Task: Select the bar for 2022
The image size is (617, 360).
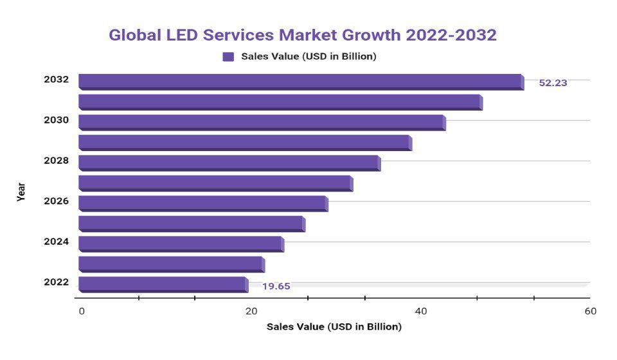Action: (163, 284)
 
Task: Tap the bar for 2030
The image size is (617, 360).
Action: (262, 122)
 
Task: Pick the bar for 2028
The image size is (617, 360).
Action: (229, 163)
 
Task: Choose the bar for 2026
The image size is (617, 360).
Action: (202, 203)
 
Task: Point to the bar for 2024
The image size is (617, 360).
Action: (181, 244)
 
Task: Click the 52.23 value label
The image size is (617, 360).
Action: (553, 83)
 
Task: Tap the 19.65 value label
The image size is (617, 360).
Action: (276, 286)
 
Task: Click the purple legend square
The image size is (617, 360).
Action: (228, 57)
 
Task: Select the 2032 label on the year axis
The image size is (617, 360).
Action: (57, 80)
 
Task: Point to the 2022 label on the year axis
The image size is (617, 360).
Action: (57, 282)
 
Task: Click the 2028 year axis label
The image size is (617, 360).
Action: (57, 161)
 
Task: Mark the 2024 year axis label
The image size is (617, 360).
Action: (57, 242)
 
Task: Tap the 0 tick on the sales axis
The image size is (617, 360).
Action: (82, 312)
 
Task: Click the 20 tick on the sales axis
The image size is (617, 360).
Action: (251, 312)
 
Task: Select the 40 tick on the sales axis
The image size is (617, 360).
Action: (421, 312)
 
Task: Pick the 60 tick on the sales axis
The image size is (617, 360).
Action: (591, 312)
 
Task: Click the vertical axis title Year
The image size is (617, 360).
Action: (21, 192)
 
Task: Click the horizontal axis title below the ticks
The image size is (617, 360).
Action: (334, 327)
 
